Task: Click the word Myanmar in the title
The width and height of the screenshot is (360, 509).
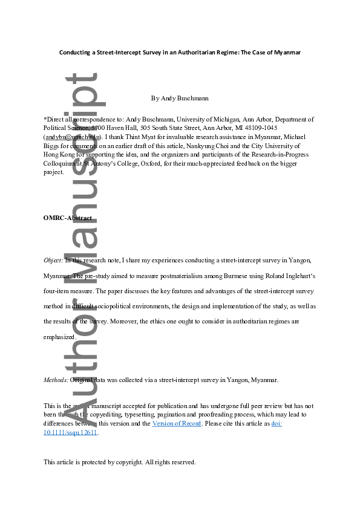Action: click(286, 53)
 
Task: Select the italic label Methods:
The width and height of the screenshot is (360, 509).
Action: click(56, 380)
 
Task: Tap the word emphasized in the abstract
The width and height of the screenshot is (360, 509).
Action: click(59, 337)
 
